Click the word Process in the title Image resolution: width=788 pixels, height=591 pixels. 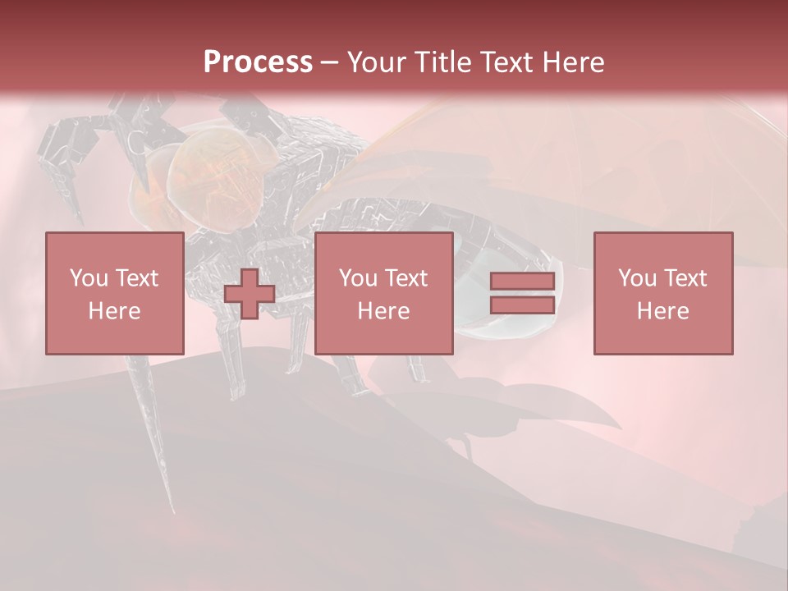(258, 62)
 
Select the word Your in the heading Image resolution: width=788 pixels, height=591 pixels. (376, 62)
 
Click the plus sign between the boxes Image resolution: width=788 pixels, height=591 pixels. (250, 294)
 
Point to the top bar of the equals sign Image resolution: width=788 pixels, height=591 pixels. (522, 282)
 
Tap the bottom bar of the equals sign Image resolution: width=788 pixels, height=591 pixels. (522, 305)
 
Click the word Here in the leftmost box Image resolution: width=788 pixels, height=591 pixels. (114, 311)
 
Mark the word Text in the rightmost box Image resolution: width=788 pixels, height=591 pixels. (685, 278)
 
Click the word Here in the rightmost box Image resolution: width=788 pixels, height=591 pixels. (662, 311)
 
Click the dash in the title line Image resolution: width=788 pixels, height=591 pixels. (329, 62)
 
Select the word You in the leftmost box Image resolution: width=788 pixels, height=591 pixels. (89, 278)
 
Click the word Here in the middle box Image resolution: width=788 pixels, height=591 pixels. (383, 311)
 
